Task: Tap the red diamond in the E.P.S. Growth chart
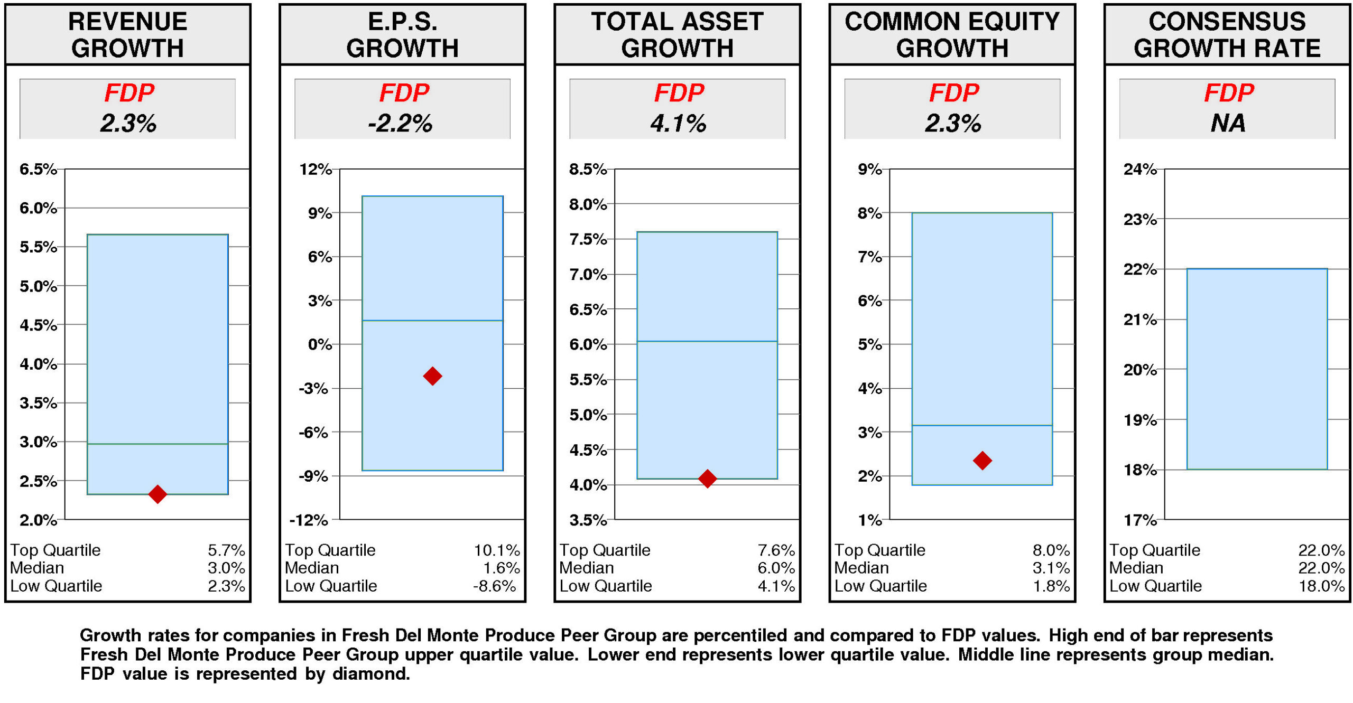tap(432, 376)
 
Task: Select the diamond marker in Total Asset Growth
tap(707, 478)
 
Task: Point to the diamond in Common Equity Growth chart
tap(981, 460)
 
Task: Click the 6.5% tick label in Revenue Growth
tap(38, 169)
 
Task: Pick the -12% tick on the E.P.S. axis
tap(309, 520)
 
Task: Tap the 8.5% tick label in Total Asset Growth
tap(587, 169)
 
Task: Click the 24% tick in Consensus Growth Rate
tap(1139, 169)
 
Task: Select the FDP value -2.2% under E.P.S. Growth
tap(400, 123)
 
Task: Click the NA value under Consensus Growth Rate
tap(1227, 123)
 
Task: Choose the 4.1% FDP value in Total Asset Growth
tap(678, 123)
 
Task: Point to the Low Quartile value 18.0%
tap(1321, 585)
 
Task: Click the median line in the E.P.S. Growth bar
tap(432, 320)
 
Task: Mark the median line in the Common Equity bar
tap(981, 425)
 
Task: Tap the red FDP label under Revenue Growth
tap(128, 93)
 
